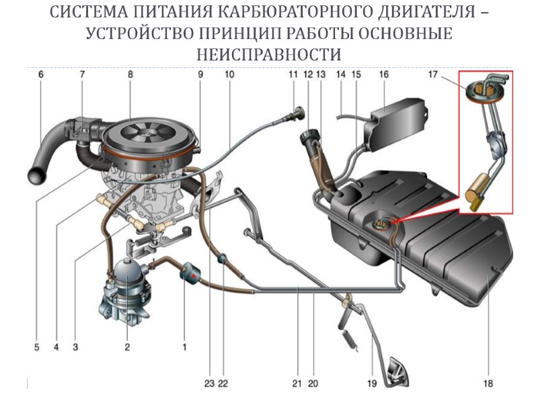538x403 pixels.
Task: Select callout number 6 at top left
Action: coord(40,75)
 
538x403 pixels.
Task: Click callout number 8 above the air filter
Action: coord(130,75)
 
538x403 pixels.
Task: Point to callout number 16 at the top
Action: coord(383,75)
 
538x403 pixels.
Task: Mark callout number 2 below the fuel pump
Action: coord(126,347)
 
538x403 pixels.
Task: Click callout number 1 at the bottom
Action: coord(184,347)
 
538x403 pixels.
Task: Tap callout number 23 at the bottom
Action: coord(210,384)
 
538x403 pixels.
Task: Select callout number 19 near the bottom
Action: coord(371,384)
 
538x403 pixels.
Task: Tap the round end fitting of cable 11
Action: coord(295,107)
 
